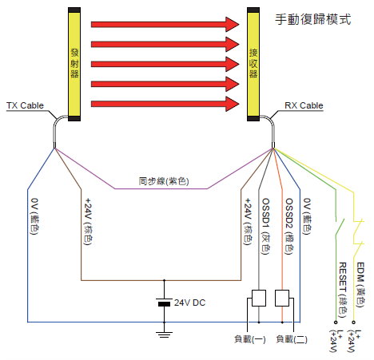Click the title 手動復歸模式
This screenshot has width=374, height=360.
pyautogui.click(x=313, y=19)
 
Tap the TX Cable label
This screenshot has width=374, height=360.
pyautogui.click(x=25, y=105)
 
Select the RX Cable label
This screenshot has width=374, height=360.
pyautogui.click(x=304, y=105)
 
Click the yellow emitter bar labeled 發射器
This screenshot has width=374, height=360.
pyautogui.click(x=74, y=64)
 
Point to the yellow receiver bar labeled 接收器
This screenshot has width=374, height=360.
pyautogui.click(x=253, y=64)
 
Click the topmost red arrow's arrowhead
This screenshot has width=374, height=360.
pyautogui.click(x=233, y=25)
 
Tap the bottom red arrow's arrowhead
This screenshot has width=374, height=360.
pyautogui.click(x=233, y=104)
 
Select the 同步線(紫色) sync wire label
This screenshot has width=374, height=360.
pyautogui.click(x=164, y=181)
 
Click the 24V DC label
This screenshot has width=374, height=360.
pyautogui.click(x=190, y=303)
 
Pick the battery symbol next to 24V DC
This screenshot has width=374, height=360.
pyautogui.click(x=164, y=303)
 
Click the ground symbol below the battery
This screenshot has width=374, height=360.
pyautogui.click(x=164, y=334)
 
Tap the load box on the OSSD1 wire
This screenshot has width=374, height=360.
pyautogui.click(x=259, y=298)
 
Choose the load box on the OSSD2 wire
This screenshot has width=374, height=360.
pyautogui.click(x=282, y=298)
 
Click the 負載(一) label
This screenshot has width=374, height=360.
pyautogui.click(x=250, y=339)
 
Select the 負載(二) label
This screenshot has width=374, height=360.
pyautogui.click(x=292, y=339)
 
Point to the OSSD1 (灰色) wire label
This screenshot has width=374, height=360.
pyautogui.click(x=266, y=226)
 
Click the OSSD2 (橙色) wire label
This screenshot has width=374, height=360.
pyautogui.click(x=289, y=226)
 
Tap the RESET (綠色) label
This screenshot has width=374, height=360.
pyautogui.click(x=343, y=290)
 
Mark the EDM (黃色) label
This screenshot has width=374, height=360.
pyautogui.click(x=360, y=285)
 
